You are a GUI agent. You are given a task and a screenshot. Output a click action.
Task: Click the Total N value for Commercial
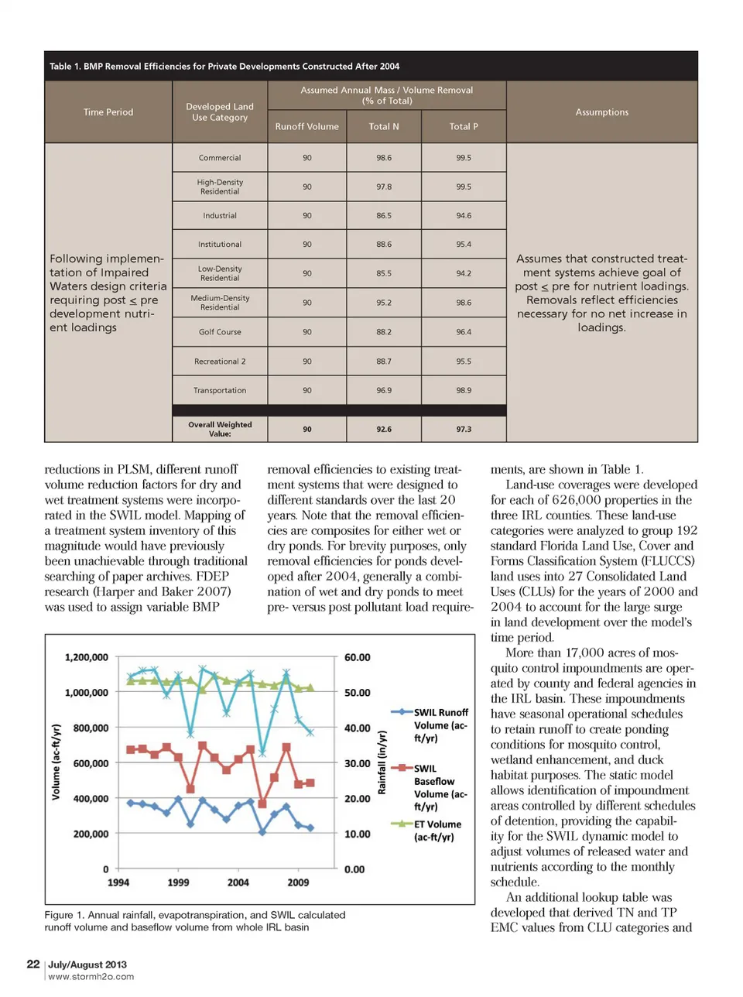click(384, 158)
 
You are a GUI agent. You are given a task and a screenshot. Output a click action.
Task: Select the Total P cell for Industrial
click(464, 216)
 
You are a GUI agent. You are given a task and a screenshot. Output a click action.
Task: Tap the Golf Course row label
click(220, 332)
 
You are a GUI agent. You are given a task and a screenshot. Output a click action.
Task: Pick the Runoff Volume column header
click(306, 126)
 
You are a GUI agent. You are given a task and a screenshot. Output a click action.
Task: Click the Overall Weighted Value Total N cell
click(384, 429)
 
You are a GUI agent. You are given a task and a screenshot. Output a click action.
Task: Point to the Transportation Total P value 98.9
click(464, 391)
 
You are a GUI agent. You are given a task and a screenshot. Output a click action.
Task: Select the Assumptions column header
click(601, 112)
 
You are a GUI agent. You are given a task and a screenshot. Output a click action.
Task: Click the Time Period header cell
click(108, 112)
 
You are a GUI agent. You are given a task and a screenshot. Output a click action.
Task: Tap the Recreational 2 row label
click(220, 361)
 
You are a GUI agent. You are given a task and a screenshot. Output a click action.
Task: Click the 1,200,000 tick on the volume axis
click(87, 657)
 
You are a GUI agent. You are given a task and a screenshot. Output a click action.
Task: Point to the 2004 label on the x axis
click(238, 882)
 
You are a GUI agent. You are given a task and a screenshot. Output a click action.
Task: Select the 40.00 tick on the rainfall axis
click(358, 728)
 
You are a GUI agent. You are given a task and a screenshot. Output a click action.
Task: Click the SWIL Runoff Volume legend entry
click(440, 725)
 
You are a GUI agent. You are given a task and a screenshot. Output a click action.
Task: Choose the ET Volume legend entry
click(437, 831)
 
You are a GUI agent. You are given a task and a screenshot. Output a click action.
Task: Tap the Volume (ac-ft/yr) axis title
click(56, 762)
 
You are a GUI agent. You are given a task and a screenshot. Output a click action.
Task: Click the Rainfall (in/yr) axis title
click(382, 762)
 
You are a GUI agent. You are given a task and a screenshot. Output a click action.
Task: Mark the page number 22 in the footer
click(33, 964)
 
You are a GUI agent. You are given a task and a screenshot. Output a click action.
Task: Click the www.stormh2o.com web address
click(91, 977)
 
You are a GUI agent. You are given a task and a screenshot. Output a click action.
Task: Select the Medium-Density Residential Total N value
click(384, 303)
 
